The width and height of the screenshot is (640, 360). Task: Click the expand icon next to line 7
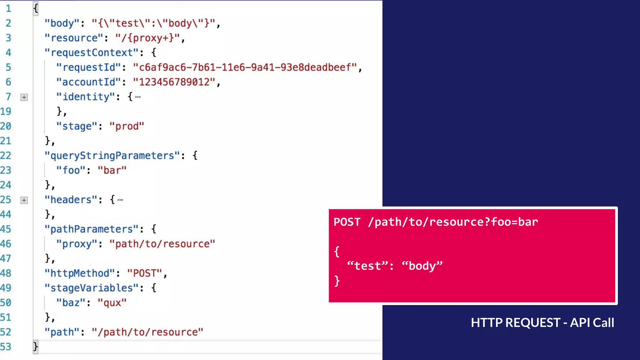pyautogui.click(x=24, y=97)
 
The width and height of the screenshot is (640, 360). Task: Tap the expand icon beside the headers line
pyautogui.click(x=24, y=200)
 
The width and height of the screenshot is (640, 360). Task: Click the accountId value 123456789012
pyautogui.click(x=174, y=82)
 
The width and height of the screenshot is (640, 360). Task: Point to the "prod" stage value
pyautogui.click(x=127, y=126)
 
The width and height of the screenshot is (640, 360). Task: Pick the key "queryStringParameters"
pyautogui.click(x=112, y=156)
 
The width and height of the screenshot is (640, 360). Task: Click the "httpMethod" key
pyautogui.click(x=80, y=273)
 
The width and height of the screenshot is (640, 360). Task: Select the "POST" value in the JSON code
pyautogui.click(x=144, y=273)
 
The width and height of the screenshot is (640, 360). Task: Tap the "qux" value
pyautogui.click(x=112, y=303)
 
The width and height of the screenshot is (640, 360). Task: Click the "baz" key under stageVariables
pyautogui.click(x=71, y=303)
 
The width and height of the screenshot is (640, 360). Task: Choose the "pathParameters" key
pyautogui.click(x=91, y=229)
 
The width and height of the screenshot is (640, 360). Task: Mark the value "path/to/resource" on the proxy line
pyautogui.click(x=162, y=244)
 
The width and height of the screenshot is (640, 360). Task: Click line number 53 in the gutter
pyautogui.click(x=6, y=347)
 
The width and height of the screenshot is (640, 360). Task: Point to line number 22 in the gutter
pyautogui.click(x=6, y=156)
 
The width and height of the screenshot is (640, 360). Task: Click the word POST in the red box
pyautogui.click(x=347, y=222)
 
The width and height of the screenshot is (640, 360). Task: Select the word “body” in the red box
pyautogui.click(x=422, y=266)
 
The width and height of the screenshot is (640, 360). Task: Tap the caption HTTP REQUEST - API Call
pyautogui.click(x=542, y=323)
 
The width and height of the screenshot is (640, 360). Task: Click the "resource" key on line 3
pyautogui.click(x=74, y=38)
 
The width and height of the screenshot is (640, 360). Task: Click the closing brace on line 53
pyautogui.click(x=35, y=347)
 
